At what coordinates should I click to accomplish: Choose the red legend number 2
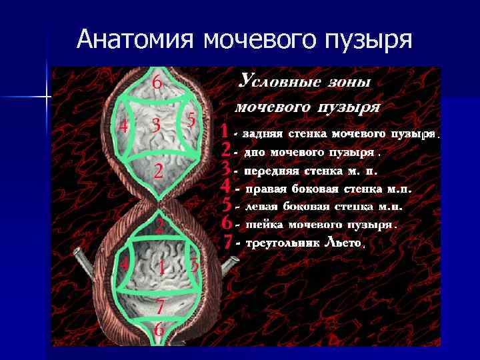pyautogui.click(x=227, y=149)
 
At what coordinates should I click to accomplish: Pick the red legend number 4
pyautogui.click(x=227, y=185)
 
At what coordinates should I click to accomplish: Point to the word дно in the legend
pyautogui.click(x=255, y=151)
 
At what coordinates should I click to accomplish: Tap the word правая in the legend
pyautogui.click(x=266, y=188)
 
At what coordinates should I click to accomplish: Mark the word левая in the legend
pyautogui.click(x=264, y=206)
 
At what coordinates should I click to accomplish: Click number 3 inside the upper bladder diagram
pyautogui.click(x=155, y=125)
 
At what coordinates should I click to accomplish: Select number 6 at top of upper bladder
pyautogui.click(x=156, y=83)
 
